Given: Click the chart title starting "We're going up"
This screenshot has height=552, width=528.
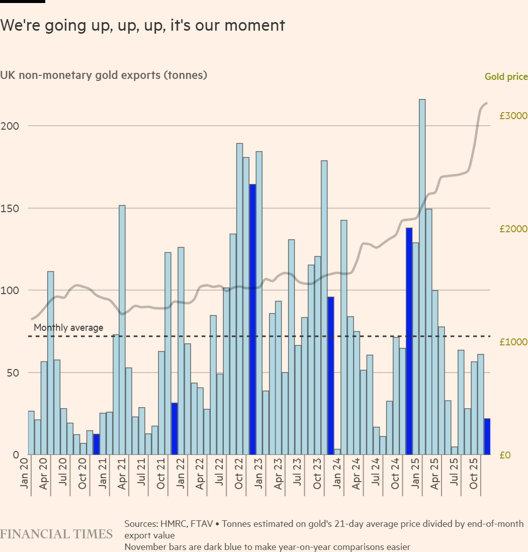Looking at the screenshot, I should coord(142,25).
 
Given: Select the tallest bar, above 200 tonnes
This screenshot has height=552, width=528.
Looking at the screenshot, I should coord(422,277).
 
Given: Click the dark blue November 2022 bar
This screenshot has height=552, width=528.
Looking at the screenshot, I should coord(252,319).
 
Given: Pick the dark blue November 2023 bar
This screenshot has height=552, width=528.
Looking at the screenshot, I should coord(331,376).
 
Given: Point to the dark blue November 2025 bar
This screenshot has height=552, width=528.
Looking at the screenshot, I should coord(487,436).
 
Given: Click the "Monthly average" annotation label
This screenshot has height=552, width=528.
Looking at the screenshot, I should coord(68,328).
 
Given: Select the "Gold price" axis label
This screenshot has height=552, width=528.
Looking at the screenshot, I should coord(506,77).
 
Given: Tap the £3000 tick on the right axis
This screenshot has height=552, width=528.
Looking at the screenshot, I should coord(513,116).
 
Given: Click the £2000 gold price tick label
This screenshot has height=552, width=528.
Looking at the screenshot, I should coord(513,229).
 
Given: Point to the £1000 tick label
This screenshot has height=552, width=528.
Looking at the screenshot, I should coord(513,342).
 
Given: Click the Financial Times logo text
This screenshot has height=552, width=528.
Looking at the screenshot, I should coord(56,534).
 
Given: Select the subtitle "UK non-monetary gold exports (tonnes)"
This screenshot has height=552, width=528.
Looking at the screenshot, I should coord(104,75).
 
